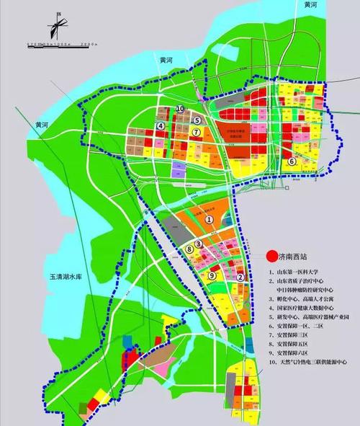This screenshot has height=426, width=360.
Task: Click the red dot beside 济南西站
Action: [x=271, y=254]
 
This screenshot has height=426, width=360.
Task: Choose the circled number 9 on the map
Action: [x=212, y=275]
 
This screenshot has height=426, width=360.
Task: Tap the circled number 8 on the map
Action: [x=189, y=249]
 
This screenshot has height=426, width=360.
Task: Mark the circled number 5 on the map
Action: [x=197, y=120]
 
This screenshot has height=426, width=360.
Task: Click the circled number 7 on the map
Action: [x=195, y=133]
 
